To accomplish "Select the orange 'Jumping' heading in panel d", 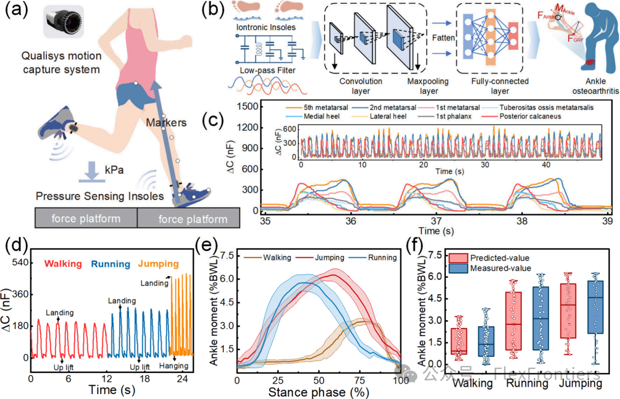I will coord(158,264).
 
